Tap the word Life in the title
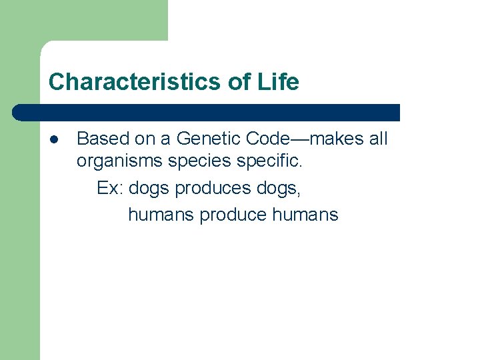click(279, 82)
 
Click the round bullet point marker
click(53, 139)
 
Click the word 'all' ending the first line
click(377, 139)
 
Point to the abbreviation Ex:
click(110, 189)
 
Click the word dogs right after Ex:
click(149, 189)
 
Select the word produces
click(213, 189)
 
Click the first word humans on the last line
click(161, 215)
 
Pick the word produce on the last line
click(233, 215)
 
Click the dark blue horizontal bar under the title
click(207, 112)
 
